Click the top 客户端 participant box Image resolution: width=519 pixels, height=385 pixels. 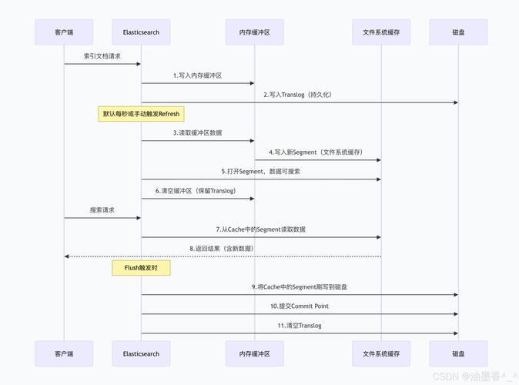tap(64, 32)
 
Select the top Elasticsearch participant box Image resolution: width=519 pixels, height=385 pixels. tap(141, 32)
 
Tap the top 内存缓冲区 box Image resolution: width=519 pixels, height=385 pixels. tap(254, 32)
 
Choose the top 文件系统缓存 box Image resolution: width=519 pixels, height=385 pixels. tap(381, 32)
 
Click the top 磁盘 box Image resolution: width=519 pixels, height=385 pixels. tap(458, 32)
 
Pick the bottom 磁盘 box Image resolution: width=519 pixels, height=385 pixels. tap(458, 353)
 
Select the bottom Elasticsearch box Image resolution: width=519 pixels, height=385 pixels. tap(141, 353)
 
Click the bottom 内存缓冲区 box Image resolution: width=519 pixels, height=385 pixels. tap(254, 353)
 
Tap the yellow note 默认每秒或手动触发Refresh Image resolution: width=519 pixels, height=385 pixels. tap(141, 114)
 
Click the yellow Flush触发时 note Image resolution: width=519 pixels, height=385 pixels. tap(141, 268)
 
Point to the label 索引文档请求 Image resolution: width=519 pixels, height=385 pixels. tap(102, 56)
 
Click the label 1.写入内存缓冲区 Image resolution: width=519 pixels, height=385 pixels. tap(197, 75)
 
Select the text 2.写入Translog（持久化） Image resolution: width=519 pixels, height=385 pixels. tap(300, 95)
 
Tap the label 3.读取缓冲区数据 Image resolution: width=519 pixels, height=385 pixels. tap(197, 133)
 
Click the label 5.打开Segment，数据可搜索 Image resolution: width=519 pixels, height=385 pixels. tap(261, 172)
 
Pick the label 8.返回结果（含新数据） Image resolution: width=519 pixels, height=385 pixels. tap(222, 249)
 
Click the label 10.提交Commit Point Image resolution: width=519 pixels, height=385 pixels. tap(300, 306)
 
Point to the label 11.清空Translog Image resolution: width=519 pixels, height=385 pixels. tap(300, 326)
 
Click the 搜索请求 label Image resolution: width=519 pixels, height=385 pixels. tap(102, 210)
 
